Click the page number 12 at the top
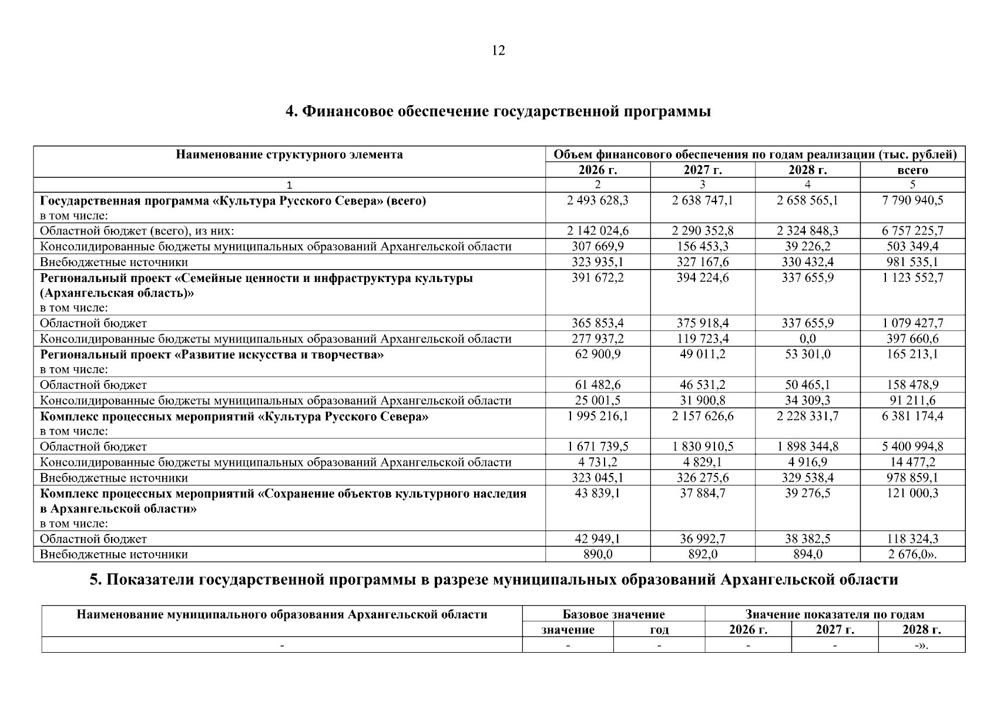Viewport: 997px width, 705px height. tap(498, 51)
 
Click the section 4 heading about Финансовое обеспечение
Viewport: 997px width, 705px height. tap(498, 111)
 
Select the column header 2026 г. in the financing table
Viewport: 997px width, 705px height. tap(597, 170)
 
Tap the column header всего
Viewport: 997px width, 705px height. tap(912, 170)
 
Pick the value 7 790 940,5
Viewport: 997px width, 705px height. tap(912, 200)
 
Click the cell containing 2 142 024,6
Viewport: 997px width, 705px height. tap(597, 231)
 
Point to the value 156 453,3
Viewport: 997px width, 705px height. tap(702, 246)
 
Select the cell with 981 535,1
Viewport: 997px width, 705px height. tap(912, 262)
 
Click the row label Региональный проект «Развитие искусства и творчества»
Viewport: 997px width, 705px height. tap(212, 355)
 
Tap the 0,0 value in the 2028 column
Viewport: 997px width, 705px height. tap(807, 339)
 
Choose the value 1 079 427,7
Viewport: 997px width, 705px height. tap(912, 323)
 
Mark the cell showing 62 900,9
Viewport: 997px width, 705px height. tap(597, 354)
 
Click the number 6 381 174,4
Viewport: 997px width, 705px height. tap(912, 417)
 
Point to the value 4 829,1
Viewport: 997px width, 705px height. tap(702, 462)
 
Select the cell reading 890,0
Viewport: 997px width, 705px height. tap(597, 554)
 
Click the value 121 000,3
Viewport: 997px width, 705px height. tap(912, 493)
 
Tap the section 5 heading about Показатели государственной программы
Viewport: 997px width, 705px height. tap(494, 580)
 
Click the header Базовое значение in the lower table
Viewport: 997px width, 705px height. tap(613, 615)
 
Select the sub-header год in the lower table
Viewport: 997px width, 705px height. tap(659, 630)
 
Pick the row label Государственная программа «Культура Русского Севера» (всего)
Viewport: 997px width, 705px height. tap(233, 201)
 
